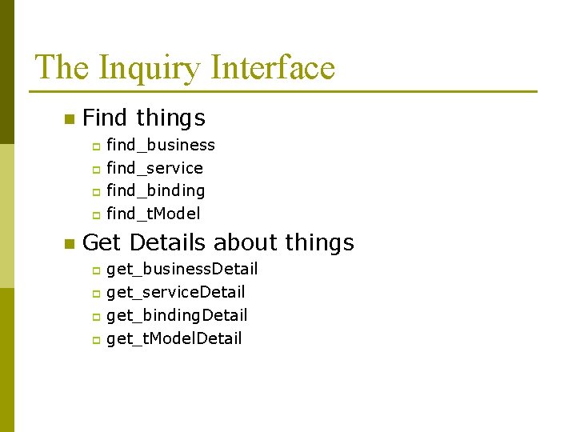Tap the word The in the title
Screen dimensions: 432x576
pyautogui.click(x=62, y=67)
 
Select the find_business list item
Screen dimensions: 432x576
pyautogui.click(x=160, y=145)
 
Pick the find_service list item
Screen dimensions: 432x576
pyautogui.click(x=154, y=168)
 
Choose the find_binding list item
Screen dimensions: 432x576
pyautogui.click(x=155, y=190)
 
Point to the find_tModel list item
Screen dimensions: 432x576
pyautogui.click(x=153, y=214)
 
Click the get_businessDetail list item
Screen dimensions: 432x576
pyautogui.click(x=182, y=269)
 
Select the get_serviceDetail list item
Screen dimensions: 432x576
pyautogui.click(x=175, y=292)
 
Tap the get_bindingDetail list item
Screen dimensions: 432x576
pyautogui.click(x=177, y=315)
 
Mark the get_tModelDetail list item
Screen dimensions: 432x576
pyautogui.click(x=174, y=338)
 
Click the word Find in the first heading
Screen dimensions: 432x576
pyautogui.click(x=105, y=118)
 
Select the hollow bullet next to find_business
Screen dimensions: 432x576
pyautogui.click(x=94, y=146)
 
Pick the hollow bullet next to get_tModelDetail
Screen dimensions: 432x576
pyautogui.click(x=94, y=340)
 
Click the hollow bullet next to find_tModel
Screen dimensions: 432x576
pyautogui.click(x=94, y=214)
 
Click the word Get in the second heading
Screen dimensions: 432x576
pyautogui.click(x=102, y=242)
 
